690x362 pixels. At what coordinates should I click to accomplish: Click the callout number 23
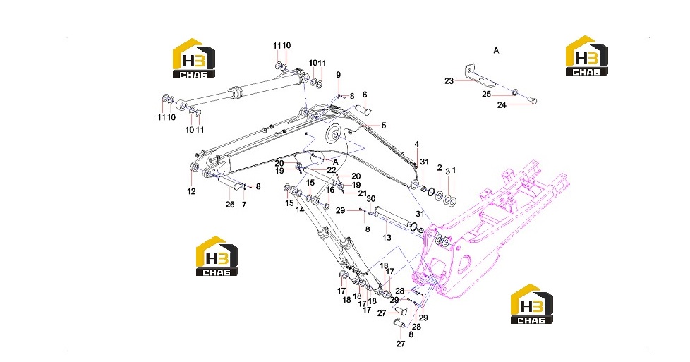click(449, 81)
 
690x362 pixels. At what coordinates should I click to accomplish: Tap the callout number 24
click(502, 105)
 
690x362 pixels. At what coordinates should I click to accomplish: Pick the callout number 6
click(365, 95)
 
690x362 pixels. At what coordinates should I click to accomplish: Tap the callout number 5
click(384, 126)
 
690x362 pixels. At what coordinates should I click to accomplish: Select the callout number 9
click(339, 75)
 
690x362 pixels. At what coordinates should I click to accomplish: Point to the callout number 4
click(417, 145)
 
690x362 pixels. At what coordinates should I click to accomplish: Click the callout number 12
click(191, 191)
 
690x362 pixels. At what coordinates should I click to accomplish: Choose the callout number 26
click(230, 205)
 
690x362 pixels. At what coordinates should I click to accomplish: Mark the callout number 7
click(244, 205)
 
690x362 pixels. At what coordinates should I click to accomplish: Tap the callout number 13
click(387, 238)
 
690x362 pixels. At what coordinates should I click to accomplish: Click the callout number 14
click(300, 210)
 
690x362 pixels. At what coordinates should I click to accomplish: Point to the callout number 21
click(363, 193)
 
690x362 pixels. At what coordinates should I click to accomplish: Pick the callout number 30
click(371, 198)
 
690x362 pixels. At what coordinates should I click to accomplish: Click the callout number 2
click(440, 168)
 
